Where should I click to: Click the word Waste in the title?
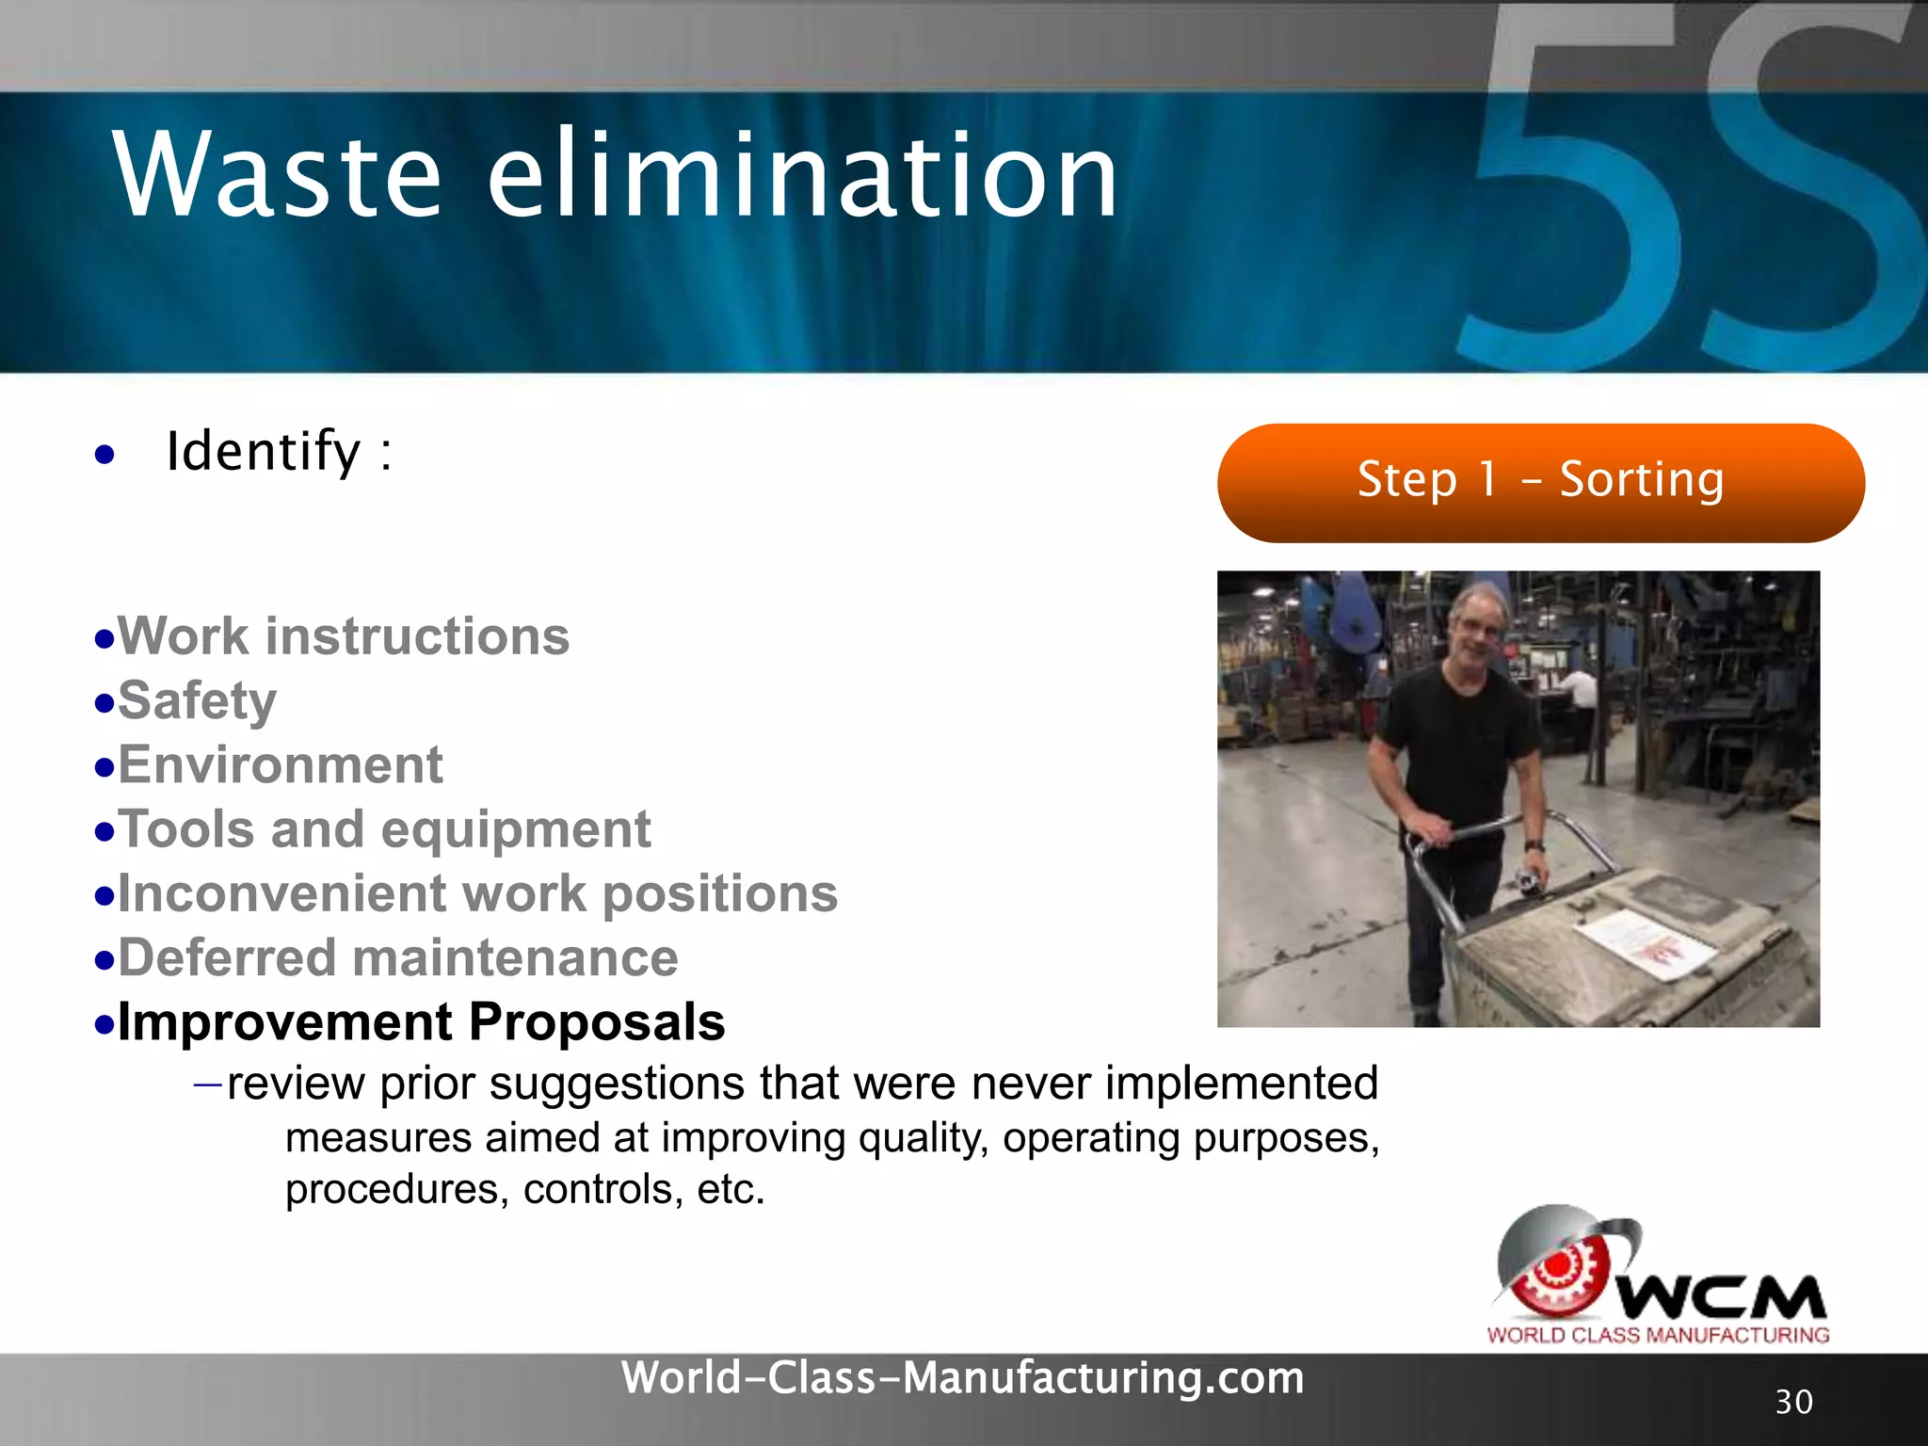point(278,176)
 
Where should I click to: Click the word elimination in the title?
point(802,176)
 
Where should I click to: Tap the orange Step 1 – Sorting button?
point(1540,482)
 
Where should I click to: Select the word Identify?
point(264,452)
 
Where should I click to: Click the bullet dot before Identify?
point(104,456)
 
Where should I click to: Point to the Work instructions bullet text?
point(344,636)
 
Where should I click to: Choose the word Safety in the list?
point(198,701)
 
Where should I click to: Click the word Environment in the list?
point(281,764)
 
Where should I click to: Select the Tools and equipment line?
point(384,829)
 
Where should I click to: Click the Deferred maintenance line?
point(397,957)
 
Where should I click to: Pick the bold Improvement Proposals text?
point(421,1022)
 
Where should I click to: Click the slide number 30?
point(1793,1402)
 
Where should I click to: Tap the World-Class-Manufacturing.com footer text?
point(962,1378)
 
